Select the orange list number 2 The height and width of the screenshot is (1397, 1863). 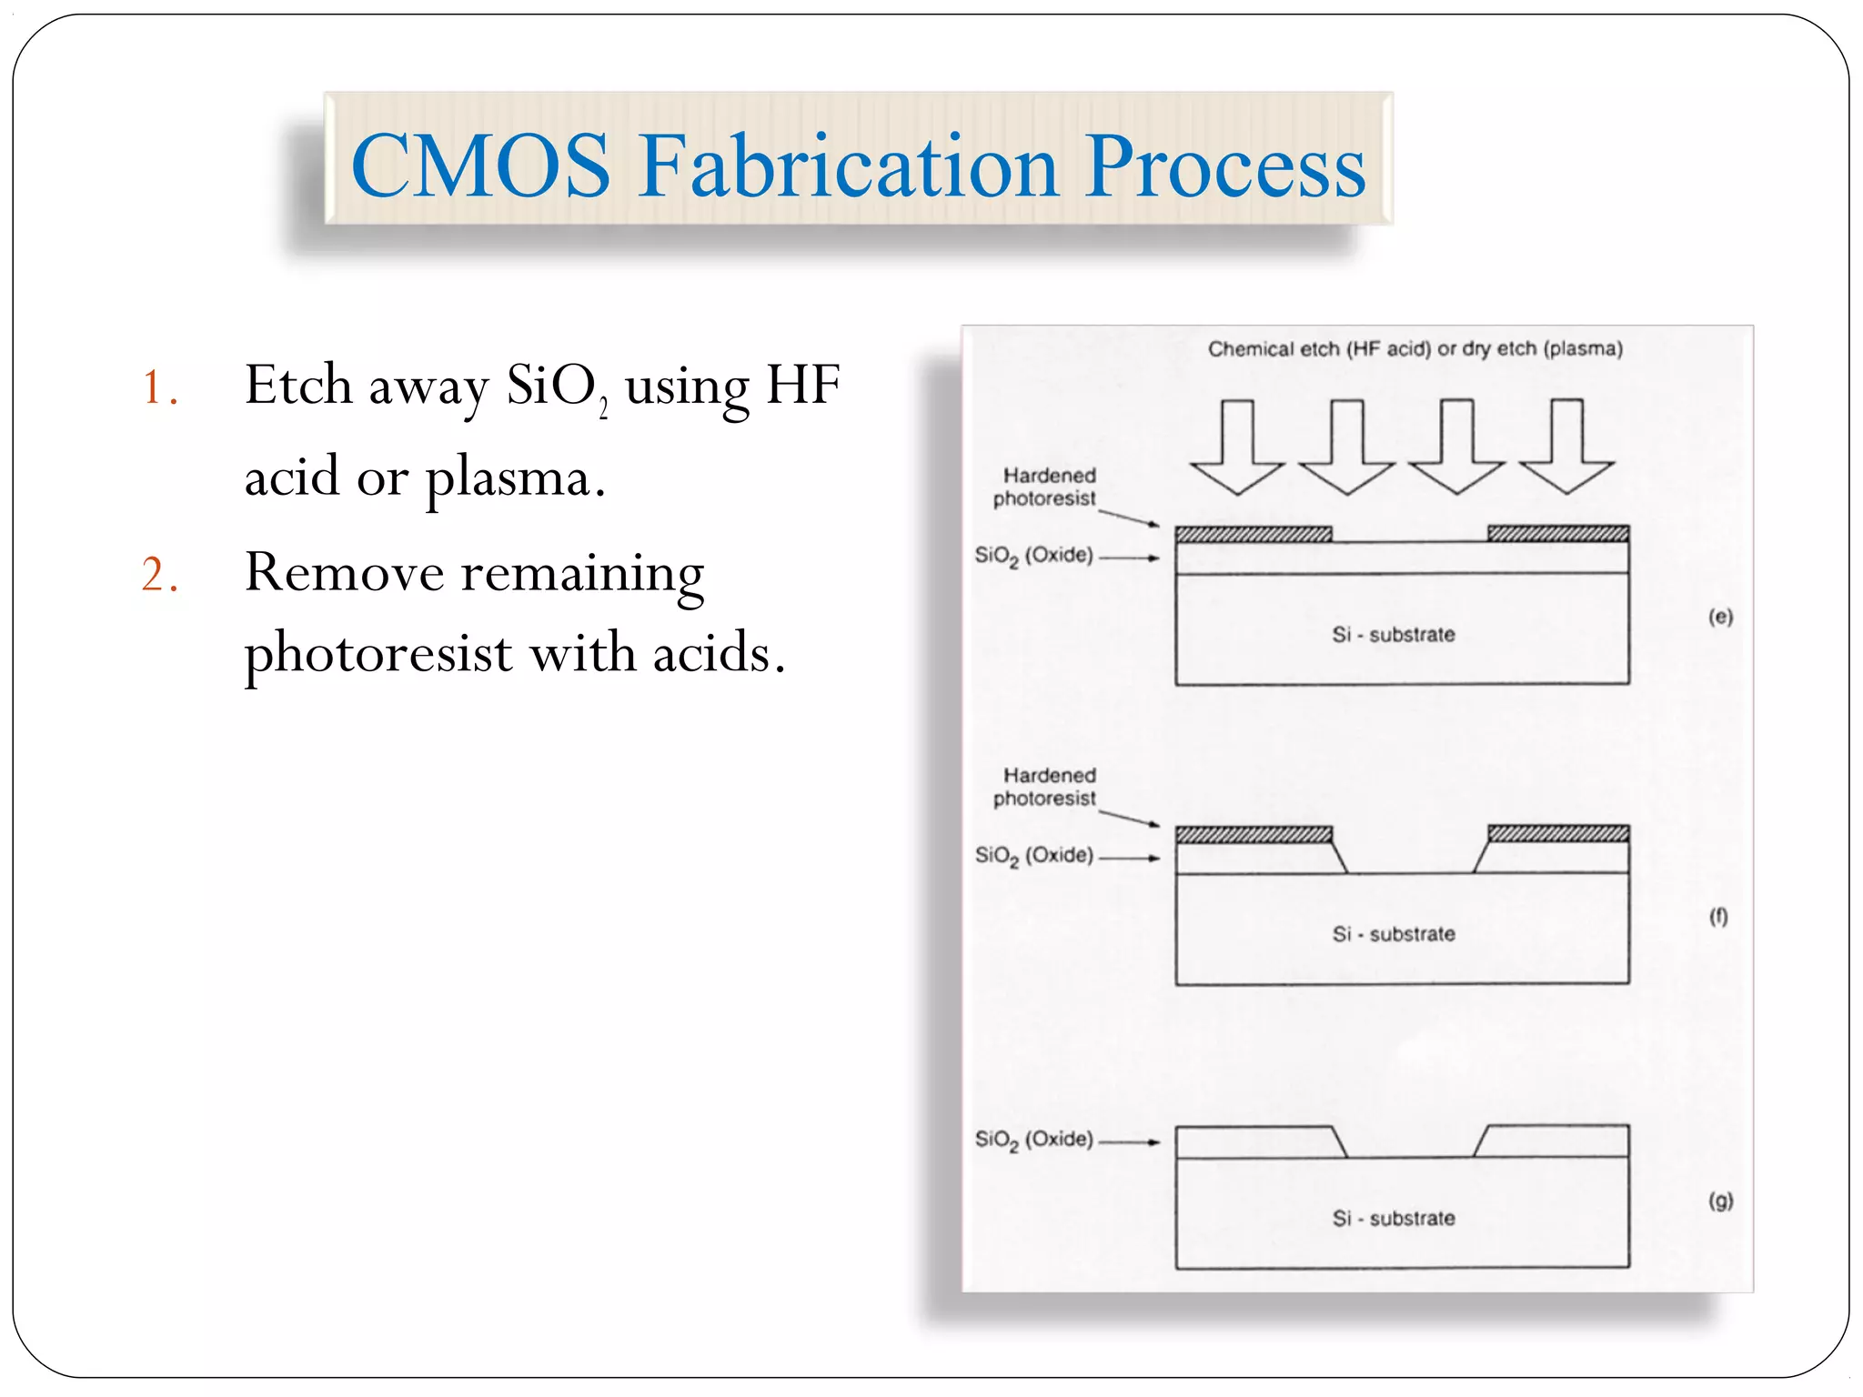coord(159,576)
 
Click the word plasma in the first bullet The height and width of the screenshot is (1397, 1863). coord(513,479)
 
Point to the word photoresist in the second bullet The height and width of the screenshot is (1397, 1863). coord(378,654)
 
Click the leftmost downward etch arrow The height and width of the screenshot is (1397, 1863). coord(1236,445)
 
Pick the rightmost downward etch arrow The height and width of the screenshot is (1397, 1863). coord(1566,445)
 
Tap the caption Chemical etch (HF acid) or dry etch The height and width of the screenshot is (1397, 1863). coord(1415,349)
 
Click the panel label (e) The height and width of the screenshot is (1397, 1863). coord(1719,617)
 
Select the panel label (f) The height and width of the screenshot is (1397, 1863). coord(1717,917)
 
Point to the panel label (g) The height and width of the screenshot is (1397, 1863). coord(1719,1201)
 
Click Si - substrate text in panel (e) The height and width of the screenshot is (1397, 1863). coord(1393,635)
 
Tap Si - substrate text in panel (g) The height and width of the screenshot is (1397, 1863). coord(1393,1219)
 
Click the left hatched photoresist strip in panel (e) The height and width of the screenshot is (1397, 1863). coord(1254,534)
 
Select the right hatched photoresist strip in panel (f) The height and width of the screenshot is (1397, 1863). coord(1557,834)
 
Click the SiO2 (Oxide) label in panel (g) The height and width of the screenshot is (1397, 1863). coord(1034,1140)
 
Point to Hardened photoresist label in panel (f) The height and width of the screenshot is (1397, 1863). coord(1045,787)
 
